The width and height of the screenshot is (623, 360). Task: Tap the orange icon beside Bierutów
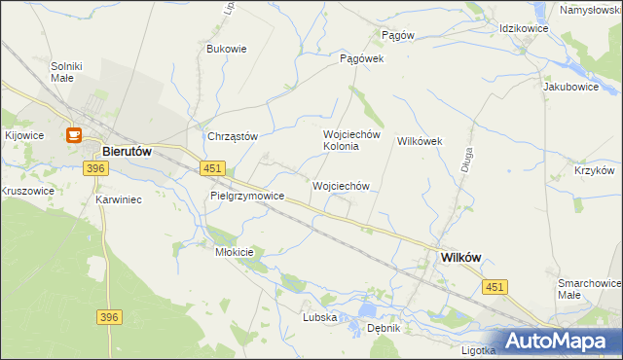coord(74,135)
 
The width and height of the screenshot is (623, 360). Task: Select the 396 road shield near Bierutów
coord(94,169)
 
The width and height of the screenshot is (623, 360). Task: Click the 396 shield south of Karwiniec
coord(110,317)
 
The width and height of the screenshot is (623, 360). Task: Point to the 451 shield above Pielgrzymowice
coord(215,169)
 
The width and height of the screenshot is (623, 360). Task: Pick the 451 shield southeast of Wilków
coord(495,285)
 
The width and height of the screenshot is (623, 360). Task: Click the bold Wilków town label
coord(461,258)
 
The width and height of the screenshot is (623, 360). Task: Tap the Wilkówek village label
coord(420,141)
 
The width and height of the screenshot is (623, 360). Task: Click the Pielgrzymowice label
coord(246,196)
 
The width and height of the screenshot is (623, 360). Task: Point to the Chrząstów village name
coord(232,137)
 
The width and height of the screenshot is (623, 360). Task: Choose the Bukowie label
coord(226,49)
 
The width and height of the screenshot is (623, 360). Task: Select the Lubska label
coord(319,318)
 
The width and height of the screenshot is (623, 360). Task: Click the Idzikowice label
coord(524,29)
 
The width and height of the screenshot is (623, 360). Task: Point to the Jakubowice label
coord(570,86)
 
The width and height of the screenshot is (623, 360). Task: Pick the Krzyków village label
coord(594,170)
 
